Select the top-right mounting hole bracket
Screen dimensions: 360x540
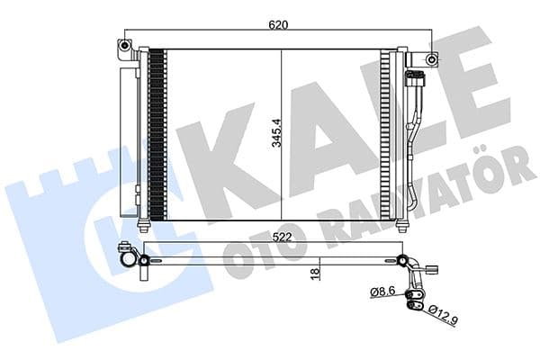433,60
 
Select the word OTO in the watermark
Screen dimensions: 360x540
252,247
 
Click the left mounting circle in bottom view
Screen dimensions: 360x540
142,261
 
